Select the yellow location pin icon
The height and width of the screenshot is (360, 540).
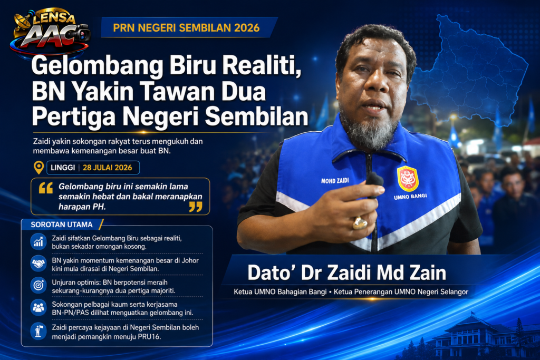pyautogui.click(x=38, y=168)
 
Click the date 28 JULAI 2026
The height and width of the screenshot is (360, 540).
pyautogui.click(x=108, y=168)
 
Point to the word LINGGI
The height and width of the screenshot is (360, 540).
pyautogui.click(x=63, y=168)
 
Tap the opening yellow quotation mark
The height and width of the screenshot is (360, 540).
pyautogui.click(x=46, y=188)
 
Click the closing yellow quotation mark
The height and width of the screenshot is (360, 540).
pyautogui.click(x=196, y=207)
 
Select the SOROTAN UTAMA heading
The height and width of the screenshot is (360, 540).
pyautogui.click(x=62, y=225)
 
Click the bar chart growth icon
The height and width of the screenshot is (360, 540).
pyautogui.click(x=38, y=241)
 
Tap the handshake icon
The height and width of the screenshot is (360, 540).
pyautogui.click(x=38, y=264)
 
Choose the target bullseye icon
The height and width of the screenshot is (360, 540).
pyautogui.click(x=38, y=285)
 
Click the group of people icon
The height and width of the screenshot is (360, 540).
pyautogui.click(x=38, y=307)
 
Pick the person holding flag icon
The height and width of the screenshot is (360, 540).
pyautogui.click(x=38, y=330)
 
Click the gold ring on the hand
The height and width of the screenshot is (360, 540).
pyautogui.click(x=360, y=223)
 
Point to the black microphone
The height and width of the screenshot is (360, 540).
pyautogui.click(x=375, y=184)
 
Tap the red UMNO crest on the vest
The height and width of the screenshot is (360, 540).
pyautogui.click(x=408, y=178)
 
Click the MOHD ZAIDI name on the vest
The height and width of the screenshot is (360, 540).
pyautogui.click(x=335, y=181)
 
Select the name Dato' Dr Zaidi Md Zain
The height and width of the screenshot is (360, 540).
pyautogui.click(x=347, y=273)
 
